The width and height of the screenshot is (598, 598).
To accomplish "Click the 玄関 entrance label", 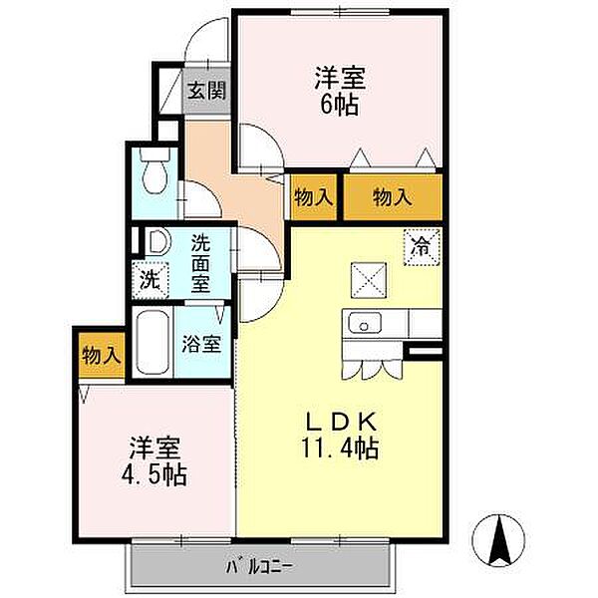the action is pos(206,91).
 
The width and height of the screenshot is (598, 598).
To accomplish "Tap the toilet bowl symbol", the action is pos(154,170).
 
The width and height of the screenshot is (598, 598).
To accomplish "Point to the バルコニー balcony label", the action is pos(260,567).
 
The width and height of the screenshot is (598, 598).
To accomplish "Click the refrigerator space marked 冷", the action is pos(422,247).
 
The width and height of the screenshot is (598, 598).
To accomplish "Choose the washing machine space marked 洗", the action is pos(149,280).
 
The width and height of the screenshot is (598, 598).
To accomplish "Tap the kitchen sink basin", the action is pos(364,323).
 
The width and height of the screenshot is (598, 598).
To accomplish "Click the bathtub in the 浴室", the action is pos(152,343).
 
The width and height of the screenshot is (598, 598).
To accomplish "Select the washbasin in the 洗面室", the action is pos(157,242).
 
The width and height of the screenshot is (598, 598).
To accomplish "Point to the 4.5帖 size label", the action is pos(153,475).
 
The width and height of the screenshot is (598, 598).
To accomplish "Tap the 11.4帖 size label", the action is pos(340,448).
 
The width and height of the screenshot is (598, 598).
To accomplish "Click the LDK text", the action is pos(342,422).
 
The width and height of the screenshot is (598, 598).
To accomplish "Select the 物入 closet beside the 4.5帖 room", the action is pos(102,356).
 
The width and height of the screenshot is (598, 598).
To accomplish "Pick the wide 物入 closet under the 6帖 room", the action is pos(393,197).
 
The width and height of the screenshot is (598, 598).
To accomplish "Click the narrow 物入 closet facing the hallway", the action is pos(314,197).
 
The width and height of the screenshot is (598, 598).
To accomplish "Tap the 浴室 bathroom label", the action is pos(201,343).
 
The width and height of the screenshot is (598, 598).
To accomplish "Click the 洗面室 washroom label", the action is pos(200,263).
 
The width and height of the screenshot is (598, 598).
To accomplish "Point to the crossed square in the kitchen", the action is pos(369,280).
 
